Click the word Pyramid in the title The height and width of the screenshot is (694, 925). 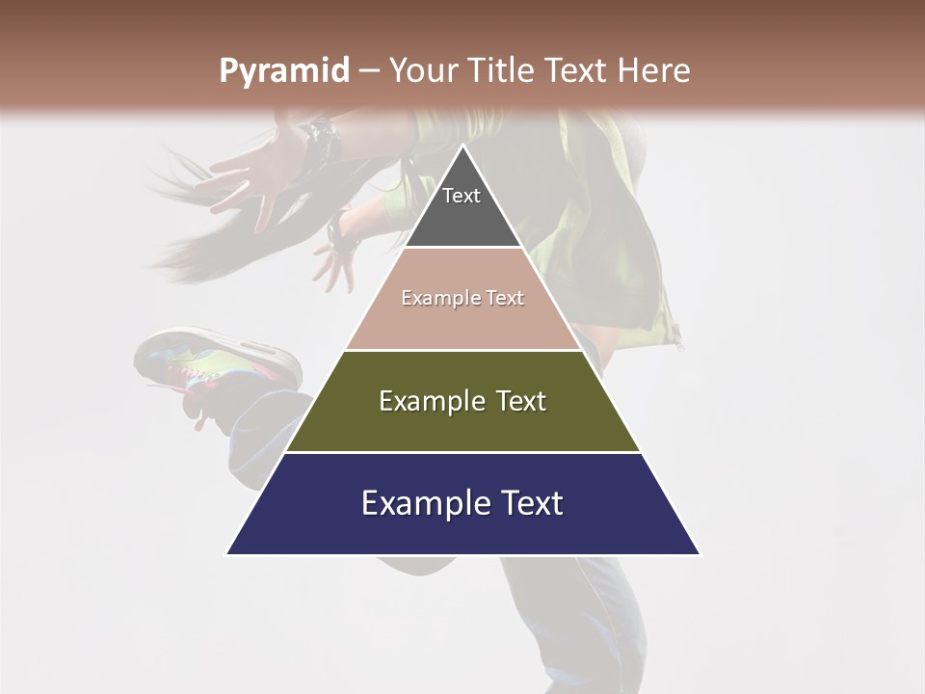283,71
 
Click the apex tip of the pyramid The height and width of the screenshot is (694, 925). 463,147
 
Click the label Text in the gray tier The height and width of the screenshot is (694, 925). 462,196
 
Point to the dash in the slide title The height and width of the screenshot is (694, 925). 368,71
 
